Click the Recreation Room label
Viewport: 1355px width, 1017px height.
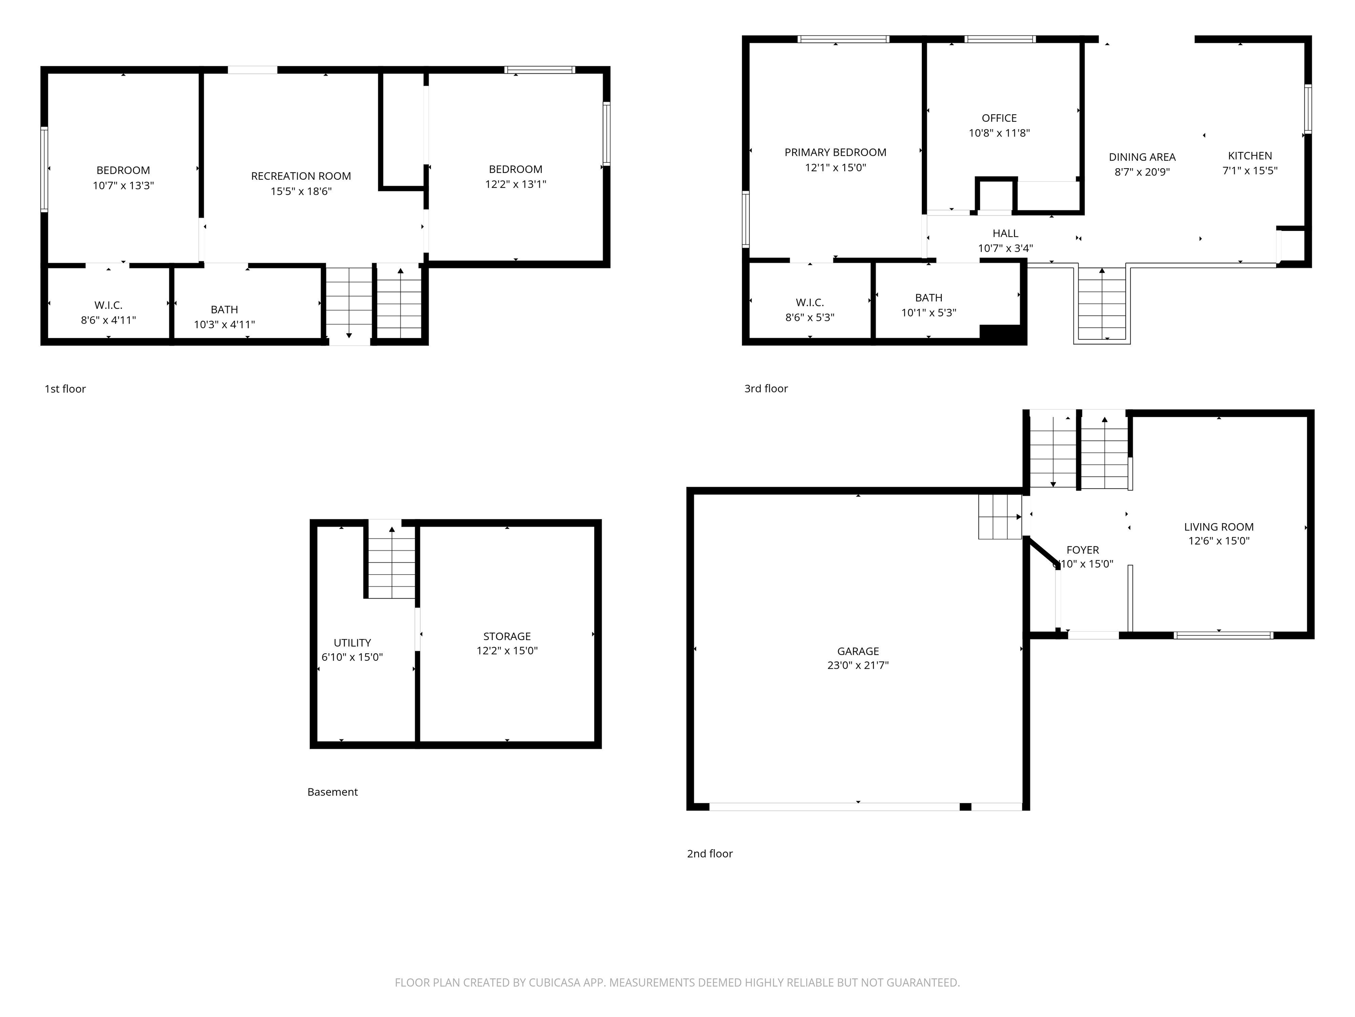coord(301,176)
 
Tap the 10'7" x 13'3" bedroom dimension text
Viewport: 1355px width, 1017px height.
coord(123,185)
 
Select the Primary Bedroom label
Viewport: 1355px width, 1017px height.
coord(835,152)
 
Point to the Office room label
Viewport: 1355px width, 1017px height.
coord(999,118)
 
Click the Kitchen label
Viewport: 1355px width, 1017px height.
coord(1250,156)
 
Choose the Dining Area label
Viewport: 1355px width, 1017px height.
coord(1142,157)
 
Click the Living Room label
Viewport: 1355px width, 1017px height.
coord(1218,527)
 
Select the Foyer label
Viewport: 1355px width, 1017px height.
coord(1082,550)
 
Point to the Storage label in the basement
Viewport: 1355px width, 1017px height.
coord(507,637)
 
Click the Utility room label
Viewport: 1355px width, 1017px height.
coord(352,642)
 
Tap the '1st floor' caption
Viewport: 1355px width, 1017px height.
coord(65,388)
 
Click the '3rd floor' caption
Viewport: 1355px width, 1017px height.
coord(766,388)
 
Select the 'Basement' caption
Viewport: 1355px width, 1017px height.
coord(333,791)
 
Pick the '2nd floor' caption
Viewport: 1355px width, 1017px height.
coord(709,853)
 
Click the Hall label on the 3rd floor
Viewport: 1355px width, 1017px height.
coord(1005,233)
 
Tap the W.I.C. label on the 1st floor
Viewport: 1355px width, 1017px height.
coord(109,305)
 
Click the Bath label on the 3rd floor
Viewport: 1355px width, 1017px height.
coord(928,298)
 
